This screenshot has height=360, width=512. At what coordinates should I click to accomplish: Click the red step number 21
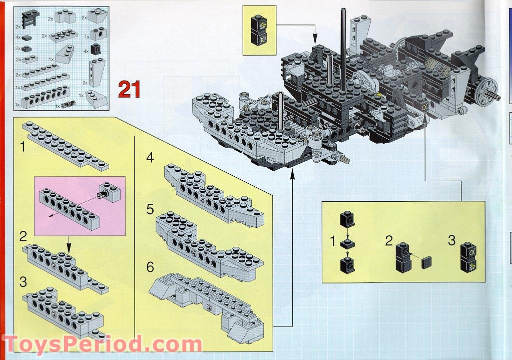(x=129, y=89)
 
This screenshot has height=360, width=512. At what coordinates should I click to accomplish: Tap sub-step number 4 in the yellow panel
(x=150, y=157)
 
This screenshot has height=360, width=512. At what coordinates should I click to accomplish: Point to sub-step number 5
(x=150, y=209)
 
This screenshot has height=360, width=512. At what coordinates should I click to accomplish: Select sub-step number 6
(x=150, y=267)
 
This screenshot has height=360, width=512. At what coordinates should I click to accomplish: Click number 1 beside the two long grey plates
(x=23, y=147)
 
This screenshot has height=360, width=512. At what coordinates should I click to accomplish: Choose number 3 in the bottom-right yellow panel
(x=451, y=240)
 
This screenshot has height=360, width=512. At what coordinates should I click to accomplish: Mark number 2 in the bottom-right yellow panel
(x=388, y=241)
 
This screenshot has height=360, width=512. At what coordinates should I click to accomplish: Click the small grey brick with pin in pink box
(x=110, y=192)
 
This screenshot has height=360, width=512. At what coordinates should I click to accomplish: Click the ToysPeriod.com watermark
(x=103, y=344)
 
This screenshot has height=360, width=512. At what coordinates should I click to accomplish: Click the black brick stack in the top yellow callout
(x=259, y=30)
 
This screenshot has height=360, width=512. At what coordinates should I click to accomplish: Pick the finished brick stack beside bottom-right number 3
(x=468, y=257)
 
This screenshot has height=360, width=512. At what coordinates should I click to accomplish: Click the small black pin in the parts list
(x=69, y=105)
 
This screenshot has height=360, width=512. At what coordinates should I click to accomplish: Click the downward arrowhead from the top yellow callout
(x=315, y=41)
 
